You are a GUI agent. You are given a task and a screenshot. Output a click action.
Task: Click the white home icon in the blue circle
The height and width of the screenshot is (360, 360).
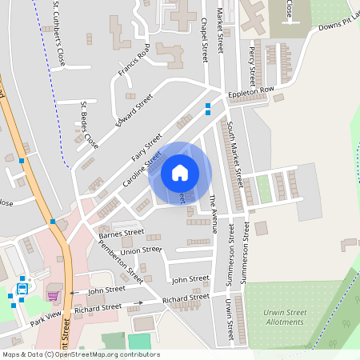[180, 172]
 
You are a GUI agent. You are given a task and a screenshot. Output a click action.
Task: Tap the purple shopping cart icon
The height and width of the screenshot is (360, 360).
[53, 295]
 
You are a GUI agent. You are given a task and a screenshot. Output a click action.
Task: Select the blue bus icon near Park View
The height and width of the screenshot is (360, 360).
[22, 289]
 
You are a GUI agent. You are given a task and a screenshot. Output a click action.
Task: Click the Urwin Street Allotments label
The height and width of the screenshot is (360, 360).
[285, 317]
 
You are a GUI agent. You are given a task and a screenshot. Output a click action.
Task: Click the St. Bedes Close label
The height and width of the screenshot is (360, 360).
[89, 125]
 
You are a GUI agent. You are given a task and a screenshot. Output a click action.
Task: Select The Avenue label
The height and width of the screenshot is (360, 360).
[213, 214]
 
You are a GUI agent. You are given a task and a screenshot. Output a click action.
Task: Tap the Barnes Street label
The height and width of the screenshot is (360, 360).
[122, 233]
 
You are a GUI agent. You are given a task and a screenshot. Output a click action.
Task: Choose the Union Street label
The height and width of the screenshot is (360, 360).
[141, 250]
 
